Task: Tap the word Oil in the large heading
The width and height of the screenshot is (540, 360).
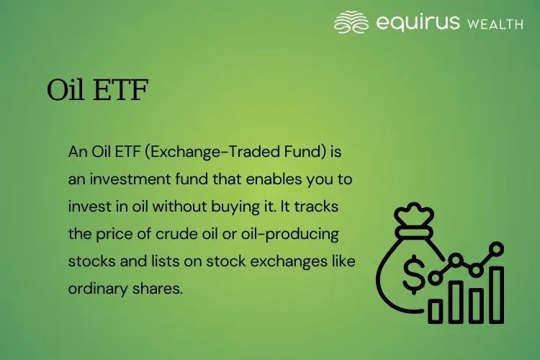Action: [x=67, y=91]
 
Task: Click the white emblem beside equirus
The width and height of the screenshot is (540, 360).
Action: [x=351, y=22]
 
